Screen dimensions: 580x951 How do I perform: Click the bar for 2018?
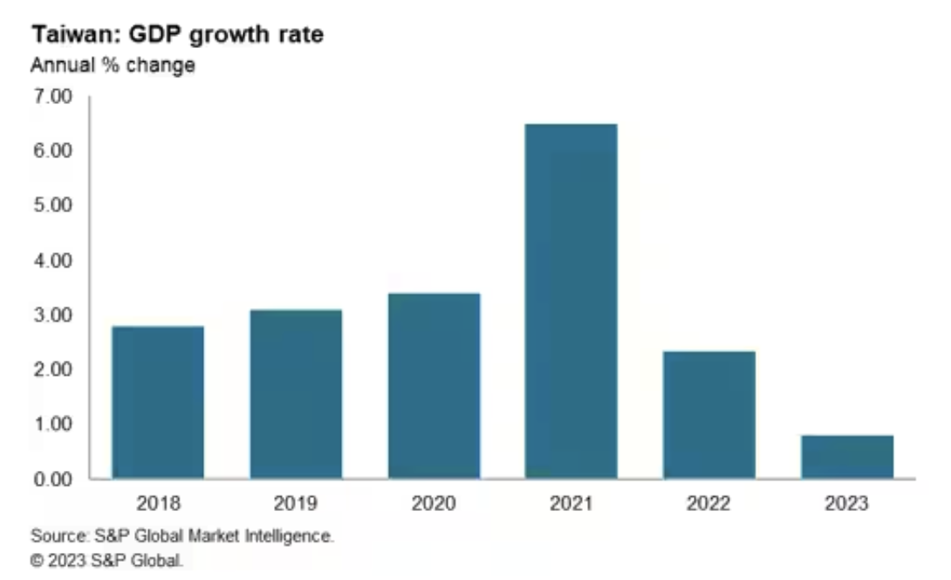click(158, 402)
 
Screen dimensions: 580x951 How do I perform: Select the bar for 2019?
click(296, 393)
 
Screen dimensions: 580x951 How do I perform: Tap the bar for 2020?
click(434, 385)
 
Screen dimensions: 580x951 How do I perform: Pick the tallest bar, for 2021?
click(571, 301)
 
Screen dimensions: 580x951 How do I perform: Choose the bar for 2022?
click(709, 414)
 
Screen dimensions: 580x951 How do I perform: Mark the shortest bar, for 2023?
click(847, 456)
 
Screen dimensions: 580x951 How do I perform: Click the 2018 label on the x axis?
click(158, 504)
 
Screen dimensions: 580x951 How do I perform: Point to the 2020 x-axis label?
click(434, 504)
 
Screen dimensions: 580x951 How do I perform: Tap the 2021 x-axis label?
click(571, 504)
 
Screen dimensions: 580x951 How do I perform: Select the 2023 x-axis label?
click(847, 504)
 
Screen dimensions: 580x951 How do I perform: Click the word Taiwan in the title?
click(75, 38)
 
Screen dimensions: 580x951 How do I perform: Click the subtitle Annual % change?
click(113, 66)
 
